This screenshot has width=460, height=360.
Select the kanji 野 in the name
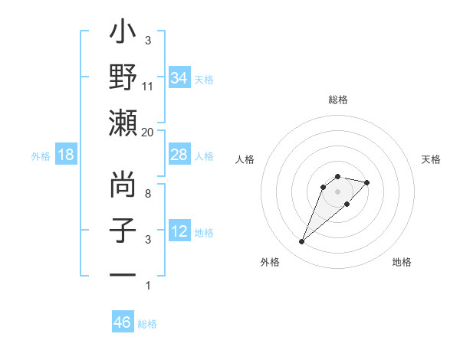[123, 77]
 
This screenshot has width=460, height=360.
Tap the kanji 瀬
[123, 123]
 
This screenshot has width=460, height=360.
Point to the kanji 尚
[123, 185]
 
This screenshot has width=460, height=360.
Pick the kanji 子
[123, 230]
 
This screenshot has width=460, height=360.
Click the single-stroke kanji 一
[123, 274]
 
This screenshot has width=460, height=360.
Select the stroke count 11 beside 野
[148, 87]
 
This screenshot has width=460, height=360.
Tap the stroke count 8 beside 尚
[148, 194]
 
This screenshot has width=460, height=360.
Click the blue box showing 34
[179, 78]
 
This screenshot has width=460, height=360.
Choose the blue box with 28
[179, 155]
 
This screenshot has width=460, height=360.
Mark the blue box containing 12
[179, 231]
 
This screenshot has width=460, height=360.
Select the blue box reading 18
[66, 155]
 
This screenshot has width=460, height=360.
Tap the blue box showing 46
[123, 322]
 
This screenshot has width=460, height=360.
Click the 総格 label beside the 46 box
[147, 324]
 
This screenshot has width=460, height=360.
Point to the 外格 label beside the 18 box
[41, 156]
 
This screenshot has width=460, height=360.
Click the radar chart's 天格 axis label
[431, 159]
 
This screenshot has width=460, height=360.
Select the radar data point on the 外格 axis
[301, 242]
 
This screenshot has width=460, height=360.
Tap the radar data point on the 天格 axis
[367, 182]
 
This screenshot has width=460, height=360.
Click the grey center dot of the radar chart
[337, 191]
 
